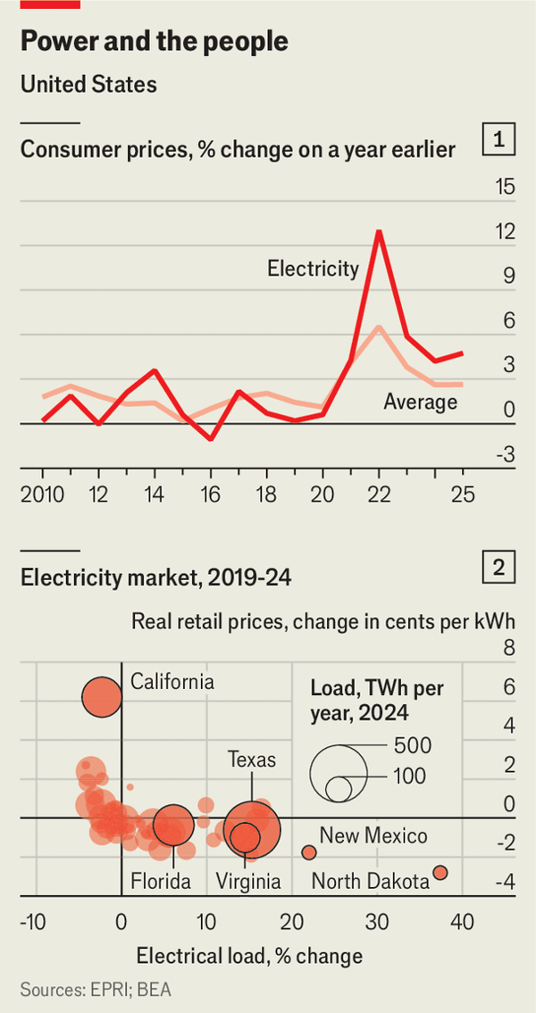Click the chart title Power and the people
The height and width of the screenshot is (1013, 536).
click(154, 42)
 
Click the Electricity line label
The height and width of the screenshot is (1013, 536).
click(313, 268)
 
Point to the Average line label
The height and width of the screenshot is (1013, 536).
click(420, 402)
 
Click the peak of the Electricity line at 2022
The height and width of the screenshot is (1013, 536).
click(379, 231)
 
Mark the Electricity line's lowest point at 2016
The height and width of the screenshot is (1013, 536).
click(211, 439)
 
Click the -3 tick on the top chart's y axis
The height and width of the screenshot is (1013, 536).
click(505, 455)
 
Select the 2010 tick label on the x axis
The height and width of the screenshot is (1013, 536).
click(41, 494)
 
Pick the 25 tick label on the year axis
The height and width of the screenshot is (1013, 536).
click(462, 494)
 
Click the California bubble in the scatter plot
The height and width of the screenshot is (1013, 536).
click(101, 697)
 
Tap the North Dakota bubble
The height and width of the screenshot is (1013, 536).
click(440, 873)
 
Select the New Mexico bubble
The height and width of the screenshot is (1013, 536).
click(309, 852)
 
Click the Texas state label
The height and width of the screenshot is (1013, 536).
click(252, 760)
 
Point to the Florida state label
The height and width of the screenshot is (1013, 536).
click(161, 882)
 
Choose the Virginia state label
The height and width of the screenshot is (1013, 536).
click(248, 882)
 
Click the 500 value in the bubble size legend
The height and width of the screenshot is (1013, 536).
click(413, 745)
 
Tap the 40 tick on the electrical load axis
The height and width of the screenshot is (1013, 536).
click(461, 922)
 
